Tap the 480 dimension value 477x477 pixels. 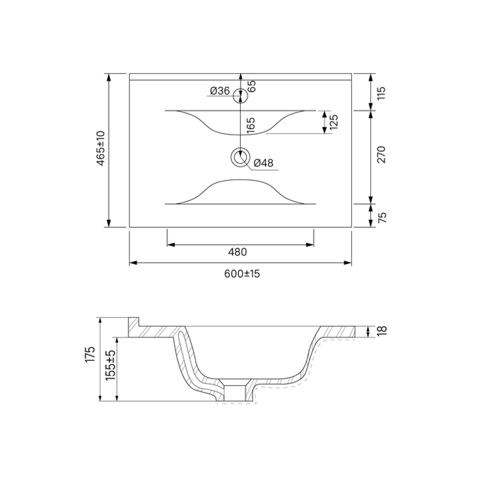240,252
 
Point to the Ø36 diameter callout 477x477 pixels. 219,91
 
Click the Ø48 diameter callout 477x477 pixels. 263,163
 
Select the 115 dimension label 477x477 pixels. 381,92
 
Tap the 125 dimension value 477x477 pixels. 334,123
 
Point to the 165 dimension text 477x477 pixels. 251,125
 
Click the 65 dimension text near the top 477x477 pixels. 252,86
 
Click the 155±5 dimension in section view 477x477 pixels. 110,365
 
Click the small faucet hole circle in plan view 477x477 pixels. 240,96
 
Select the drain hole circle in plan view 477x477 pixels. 240,156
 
